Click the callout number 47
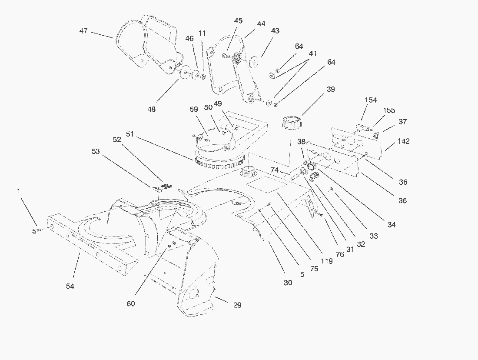[x=83, y=31]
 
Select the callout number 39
[x=331, y=89]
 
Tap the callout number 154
[x=371, y=100]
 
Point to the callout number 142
[x=403, y=141]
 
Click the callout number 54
[x=70, y=286]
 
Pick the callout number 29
[x=237, y=305]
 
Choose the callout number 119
[x=326, y=261]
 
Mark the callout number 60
[x=131, y=303]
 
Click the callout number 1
[x=18, y=191]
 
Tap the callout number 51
[x=129, y=133]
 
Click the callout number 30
[x=288, y=283]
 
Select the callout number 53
[x=95, y=151]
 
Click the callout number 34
[x=392, y=225]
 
